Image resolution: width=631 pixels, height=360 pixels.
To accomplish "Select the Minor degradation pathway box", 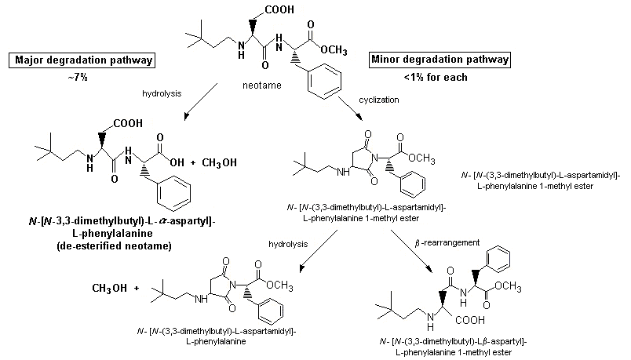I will [x=440, y=60].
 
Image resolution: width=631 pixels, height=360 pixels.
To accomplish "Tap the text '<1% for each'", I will [x=439, y=77].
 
